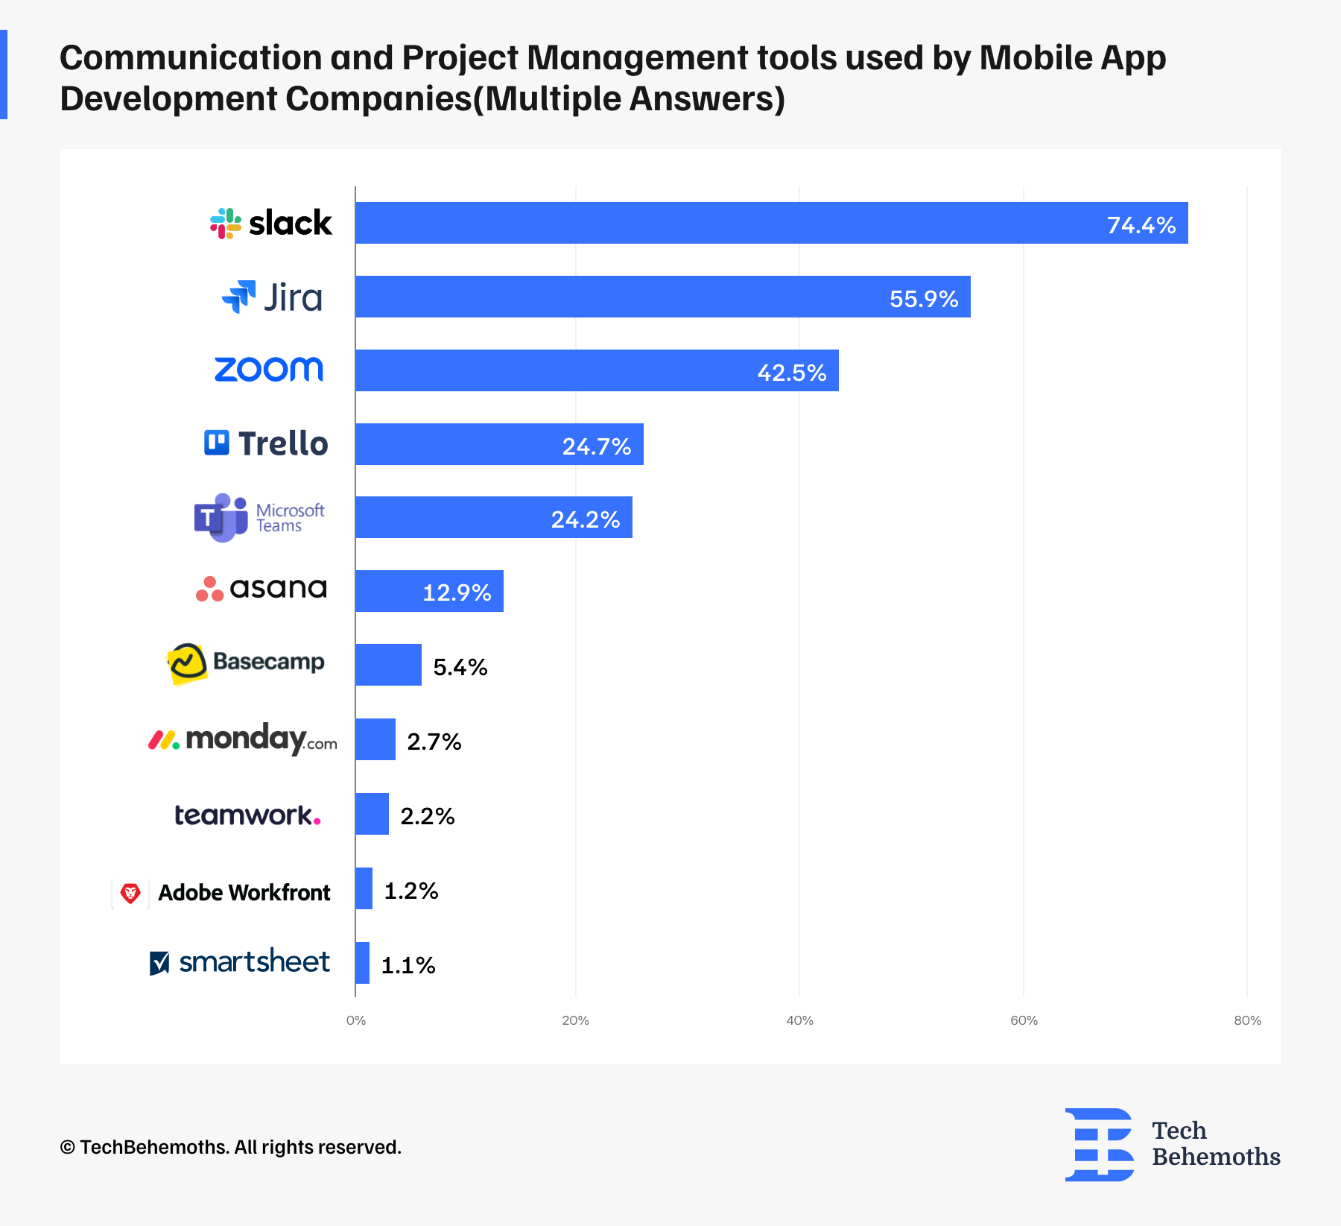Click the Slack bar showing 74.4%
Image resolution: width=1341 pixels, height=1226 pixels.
(x=771, y=223)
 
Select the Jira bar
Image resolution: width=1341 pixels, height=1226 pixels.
(x=662, y=297)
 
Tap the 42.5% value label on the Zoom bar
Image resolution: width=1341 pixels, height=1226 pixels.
(x=791, y=372)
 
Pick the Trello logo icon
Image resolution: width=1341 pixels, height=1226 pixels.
(x=217, y=443)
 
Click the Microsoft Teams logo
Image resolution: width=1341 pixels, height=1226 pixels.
(x=221, y=517)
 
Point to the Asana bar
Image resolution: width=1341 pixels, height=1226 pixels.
(x=429, y=591)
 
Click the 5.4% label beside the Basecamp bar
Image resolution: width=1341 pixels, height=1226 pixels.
(x=460, y=666)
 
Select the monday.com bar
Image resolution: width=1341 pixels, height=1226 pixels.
(x=375, y=739)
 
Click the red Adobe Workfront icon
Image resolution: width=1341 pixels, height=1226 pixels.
(x=130, y=892)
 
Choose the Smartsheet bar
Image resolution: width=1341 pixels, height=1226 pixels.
(x=362, y=963)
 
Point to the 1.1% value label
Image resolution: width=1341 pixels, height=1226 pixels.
(x=408, y=965)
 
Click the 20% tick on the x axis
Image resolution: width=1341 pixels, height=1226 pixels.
(x=575, y=1020)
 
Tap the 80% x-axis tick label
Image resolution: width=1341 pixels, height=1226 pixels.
(x=1247, y=1020)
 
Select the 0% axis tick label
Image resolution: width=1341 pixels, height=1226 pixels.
(x=356, y=1020)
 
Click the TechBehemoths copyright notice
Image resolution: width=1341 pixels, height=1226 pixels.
(x=230, y=1147)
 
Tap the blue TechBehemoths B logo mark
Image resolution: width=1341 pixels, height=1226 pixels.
(x=1099, y=1144)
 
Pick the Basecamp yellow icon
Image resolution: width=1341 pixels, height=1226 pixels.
(x=186, y=663)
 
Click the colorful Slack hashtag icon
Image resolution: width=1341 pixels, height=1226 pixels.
(x=226, y=223)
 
